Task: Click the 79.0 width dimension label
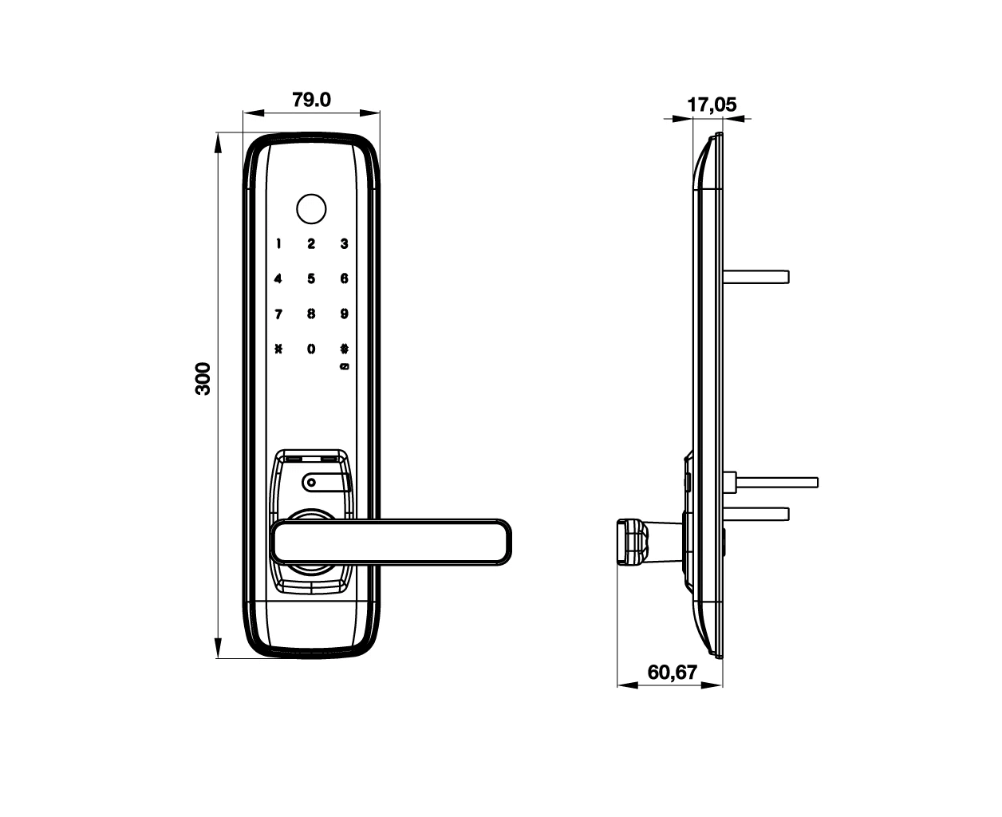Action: [311, 100]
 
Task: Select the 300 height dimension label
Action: [203, 378]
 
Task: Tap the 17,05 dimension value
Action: [712, 105]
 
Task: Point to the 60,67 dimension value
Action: [673, 673]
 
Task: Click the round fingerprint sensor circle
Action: [311, 209]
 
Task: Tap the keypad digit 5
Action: [311, 278]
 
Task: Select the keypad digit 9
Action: [345, 314]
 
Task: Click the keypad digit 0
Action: [311, 349]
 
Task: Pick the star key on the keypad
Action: [278, 349]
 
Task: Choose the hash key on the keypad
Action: [345, 349]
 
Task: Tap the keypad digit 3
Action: [345, 244]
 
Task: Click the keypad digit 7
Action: [278, 314]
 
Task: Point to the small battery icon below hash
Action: [345, 366]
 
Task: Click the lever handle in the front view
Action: [391, 543]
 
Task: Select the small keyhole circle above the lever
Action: [311, 483]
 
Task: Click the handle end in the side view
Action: [633, 543]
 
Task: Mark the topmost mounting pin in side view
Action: [756, 277]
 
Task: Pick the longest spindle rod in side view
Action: [777, 483]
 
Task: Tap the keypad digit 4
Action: [278, 278]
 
